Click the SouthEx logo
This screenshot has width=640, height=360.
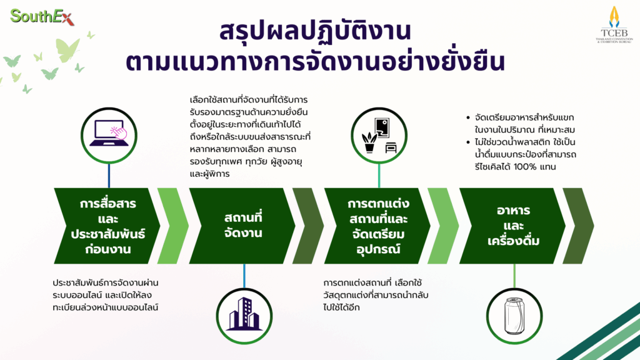coord(42,17)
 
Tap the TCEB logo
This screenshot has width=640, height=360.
coord(614,24)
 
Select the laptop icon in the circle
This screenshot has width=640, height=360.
coord(109,132)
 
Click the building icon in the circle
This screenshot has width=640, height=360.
coord(244,314)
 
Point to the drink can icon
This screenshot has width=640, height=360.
coord(514,316)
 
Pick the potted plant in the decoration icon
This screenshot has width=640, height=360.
coord(369,142)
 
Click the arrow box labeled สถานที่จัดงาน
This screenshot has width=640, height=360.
coord(242,226)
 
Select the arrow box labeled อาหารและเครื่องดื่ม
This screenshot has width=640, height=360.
coord(512,226)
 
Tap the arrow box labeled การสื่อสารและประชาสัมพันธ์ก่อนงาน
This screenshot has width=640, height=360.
coord(107,226)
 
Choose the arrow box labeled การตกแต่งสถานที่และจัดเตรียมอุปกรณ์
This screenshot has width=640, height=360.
coord(377,226)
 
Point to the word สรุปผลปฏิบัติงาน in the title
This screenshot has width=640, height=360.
coord(315,32)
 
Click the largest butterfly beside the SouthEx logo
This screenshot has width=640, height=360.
coord(67,50)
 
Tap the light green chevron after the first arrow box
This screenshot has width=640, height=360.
coord(173,226)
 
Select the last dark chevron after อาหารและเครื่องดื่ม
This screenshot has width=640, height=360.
coord(578,226)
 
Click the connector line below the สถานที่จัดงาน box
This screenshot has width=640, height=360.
coord(244,276)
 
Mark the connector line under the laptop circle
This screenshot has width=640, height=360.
coord(109,176)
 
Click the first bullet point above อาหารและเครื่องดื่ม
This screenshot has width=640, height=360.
coord(468,117)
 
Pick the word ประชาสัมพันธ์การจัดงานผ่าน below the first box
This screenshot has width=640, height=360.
coord(105,282)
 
